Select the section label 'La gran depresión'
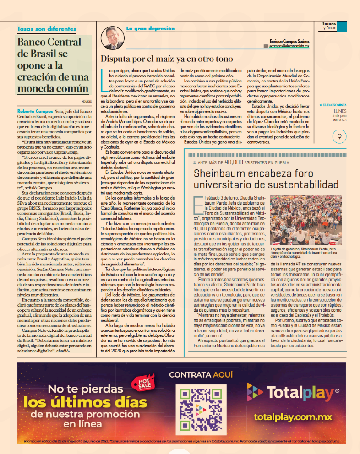(150, 28)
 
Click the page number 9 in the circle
(339, 136)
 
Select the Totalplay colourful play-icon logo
(255, 392)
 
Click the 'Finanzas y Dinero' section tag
(330, 26)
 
